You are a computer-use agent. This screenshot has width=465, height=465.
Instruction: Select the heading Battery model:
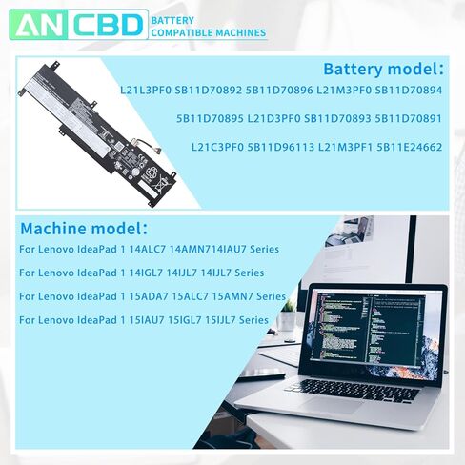pyautogui.click(x=383, y=70)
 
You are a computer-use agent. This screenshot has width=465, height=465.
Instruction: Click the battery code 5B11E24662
pyautogui.click(x=409, y=148)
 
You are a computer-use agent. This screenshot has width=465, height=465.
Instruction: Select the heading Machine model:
pyautogui.click(x=84, y=229)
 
